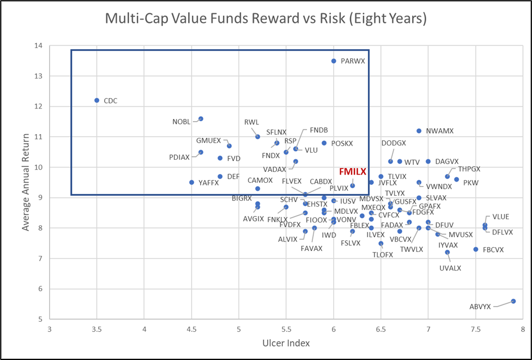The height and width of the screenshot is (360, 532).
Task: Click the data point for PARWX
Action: click(x=334, y=61)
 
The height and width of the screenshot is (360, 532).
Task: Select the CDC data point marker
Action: click(x=97, y=100)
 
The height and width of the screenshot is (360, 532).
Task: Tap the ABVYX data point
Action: click(x=513, y=301)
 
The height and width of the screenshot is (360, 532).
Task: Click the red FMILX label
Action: click(x=353, y=171)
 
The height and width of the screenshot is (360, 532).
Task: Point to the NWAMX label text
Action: click(x=440, y=131)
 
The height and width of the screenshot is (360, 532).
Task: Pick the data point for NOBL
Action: click(x=201, y=119)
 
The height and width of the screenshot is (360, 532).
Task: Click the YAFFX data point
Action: click(x=191, y=182)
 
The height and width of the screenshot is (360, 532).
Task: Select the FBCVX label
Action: click(x=493, y=250)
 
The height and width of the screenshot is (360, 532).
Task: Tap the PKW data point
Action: click(x=456, y=179)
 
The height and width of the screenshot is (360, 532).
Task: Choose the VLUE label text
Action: click(x=500, y=217)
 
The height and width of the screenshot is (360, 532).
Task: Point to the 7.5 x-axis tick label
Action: click(x=475, y=329)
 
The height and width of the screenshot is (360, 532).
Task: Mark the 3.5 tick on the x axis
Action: click(x=97, y=329)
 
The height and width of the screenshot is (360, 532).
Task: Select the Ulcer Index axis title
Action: click(x=286, y=343)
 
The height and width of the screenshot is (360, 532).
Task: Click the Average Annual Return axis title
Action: click(x=26, y=183)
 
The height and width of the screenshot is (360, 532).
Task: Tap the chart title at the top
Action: click(x=265, y=19)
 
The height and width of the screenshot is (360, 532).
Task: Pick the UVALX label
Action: click(x=450, y=268)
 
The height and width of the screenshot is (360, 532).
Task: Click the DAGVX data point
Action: click(x=428, y=161)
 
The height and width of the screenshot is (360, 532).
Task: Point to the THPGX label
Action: click(x=469, y=169)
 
